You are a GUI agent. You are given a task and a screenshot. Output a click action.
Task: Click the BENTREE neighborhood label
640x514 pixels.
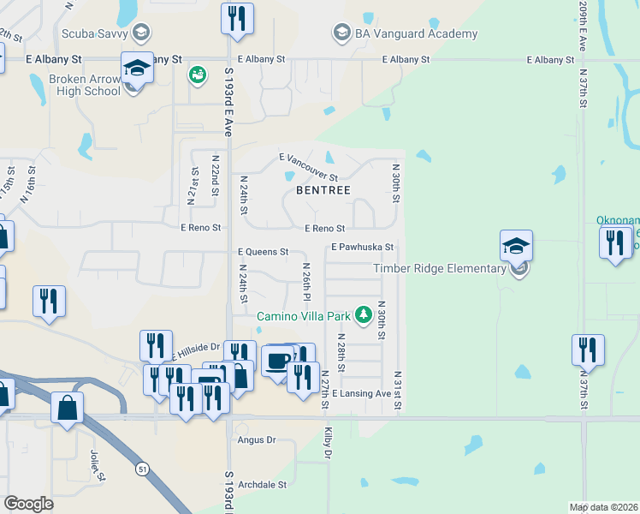(323, 190)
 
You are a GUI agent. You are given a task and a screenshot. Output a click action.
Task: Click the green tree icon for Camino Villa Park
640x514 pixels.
(363, 313)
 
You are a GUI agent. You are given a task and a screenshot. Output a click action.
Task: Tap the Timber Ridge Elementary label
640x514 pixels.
(440, 269)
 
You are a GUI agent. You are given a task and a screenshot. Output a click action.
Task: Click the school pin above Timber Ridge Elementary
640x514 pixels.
(516, 246)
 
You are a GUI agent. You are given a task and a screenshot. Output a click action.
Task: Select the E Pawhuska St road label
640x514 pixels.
(362, 247)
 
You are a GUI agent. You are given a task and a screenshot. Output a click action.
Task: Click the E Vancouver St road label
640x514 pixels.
(315, 166)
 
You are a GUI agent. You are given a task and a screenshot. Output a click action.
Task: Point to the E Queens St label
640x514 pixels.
(263, 252)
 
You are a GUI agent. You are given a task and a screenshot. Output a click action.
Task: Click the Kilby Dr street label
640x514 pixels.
(327, 444)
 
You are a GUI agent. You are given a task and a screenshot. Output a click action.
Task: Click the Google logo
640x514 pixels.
(28, 504)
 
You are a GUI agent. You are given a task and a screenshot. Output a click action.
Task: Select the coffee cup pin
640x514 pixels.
(277, 360)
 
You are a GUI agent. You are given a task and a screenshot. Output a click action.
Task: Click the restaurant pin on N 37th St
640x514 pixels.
(588, 350)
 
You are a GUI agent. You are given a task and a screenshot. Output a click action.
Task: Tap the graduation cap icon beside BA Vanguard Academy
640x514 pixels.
(341, 33)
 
